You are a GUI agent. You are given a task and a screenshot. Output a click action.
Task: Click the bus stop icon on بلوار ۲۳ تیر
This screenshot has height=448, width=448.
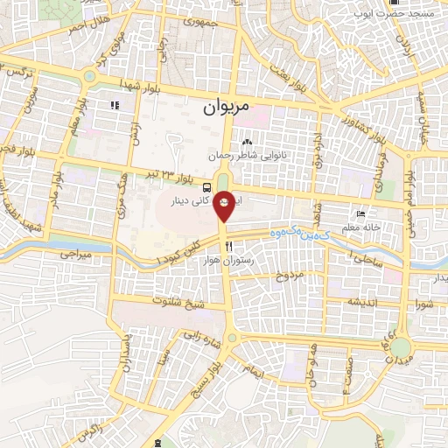point(206,186)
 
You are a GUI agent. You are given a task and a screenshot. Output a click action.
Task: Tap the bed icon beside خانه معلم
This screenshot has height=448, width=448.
point(361,214)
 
